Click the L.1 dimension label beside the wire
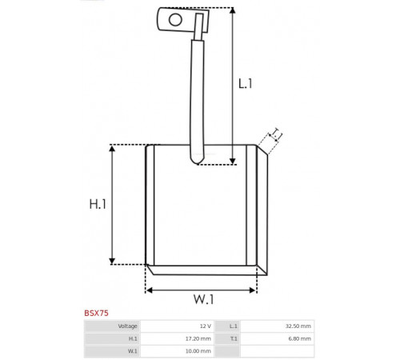245,84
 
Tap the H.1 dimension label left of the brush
98,204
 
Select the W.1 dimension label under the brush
203,299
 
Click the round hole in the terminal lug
175,20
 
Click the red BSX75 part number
96,313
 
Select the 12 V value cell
177,326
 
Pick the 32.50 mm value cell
277,326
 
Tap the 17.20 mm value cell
177,338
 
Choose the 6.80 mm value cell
277,338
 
